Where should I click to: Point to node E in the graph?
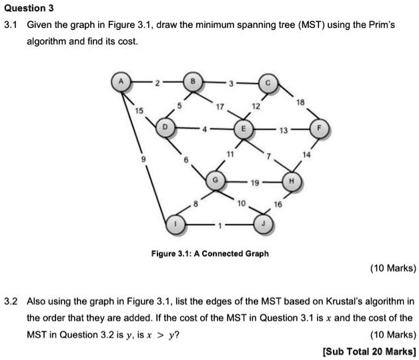242,127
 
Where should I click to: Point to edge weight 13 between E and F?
284,127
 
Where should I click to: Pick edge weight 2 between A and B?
157,83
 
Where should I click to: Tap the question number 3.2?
9,301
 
